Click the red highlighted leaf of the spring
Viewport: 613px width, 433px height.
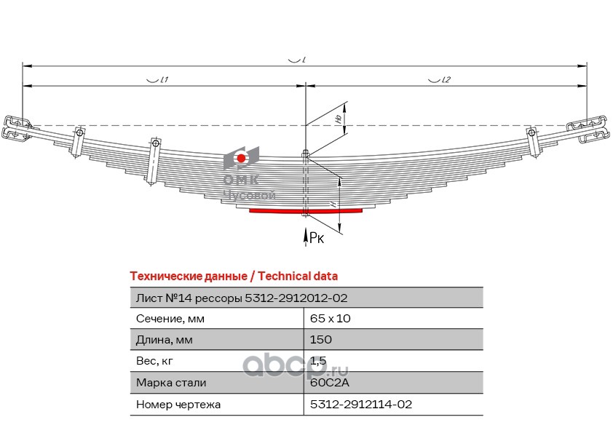[x=306, y=211]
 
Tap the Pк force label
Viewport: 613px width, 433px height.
[x=316, y=237]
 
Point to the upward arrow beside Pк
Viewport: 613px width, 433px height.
[x=305, y=234]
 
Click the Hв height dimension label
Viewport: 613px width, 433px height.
[x=338, y=119]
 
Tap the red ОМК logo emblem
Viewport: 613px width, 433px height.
[x=241, y=159]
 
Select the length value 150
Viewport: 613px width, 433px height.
[x=321, y=340]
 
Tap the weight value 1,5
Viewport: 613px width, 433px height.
[x=317, y=361]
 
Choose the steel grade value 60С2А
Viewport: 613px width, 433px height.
[x=325, y=382]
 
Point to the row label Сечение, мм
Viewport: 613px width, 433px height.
[x=170, y=319]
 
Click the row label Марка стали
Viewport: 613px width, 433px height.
[x=171, y=382]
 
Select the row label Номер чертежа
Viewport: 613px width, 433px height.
[x=178, y=404]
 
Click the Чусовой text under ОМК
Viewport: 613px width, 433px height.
[x=248, y=196]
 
